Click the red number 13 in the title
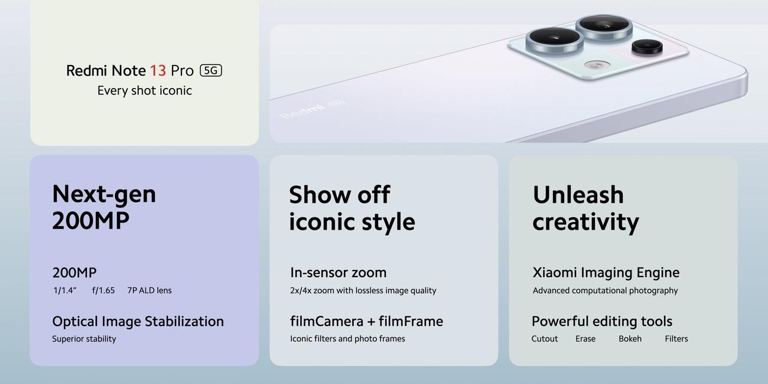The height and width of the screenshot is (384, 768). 158,71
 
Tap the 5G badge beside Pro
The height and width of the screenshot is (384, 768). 211,70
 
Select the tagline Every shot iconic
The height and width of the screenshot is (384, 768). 144,90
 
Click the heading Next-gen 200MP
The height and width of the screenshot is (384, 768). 104,207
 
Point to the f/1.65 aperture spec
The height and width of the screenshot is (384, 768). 103,291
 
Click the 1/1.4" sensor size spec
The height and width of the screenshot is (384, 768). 65,291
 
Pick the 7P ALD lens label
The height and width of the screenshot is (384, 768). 149,291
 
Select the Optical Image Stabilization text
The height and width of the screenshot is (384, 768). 138,321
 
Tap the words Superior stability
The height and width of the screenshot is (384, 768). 84,339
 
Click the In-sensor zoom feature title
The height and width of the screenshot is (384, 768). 339,272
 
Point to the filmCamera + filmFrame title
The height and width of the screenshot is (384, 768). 366,321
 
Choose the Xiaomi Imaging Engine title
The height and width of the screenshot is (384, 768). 606,273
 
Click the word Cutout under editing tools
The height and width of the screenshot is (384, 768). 545,339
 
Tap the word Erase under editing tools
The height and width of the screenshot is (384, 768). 585,339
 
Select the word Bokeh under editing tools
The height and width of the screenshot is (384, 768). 630,339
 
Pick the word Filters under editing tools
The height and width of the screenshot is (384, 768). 676,339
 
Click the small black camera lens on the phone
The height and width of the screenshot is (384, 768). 647,47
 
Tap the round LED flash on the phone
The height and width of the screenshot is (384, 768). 597,64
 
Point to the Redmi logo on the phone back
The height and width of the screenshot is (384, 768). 302,110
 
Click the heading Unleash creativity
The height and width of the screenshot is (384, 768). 586,209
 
